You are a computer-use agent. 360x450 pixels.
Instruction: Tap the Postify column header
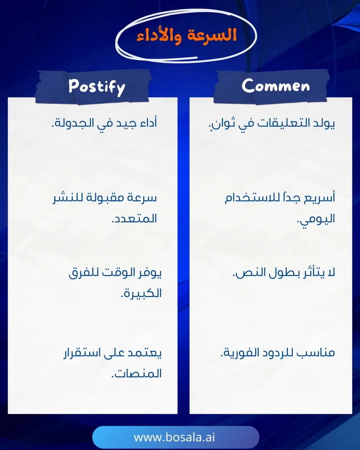click(x=97, y=87)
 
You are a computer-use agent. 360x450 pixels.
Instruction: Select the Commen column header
click(x=276, y=86)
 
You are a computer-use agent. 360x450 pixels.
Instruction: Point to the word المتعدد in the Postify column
click(x=135, y=219)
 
